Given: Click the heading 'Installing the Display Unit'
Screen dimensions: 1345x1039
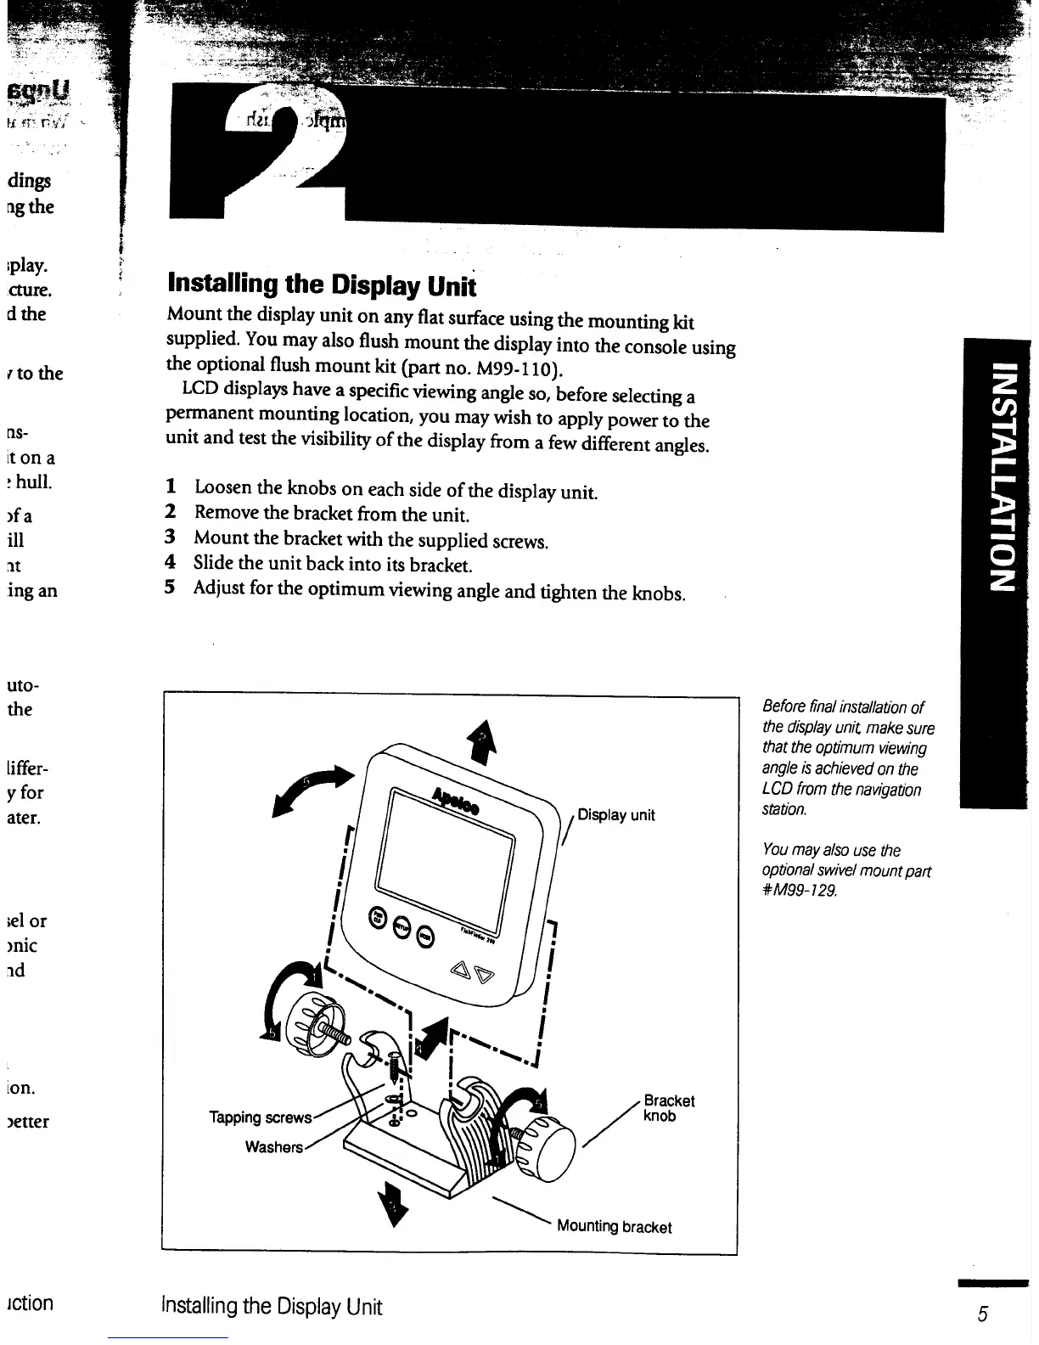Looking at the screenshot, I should click(322, 284).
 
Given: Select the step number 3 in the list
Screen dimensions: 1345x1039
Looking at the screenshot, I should click(170, 537).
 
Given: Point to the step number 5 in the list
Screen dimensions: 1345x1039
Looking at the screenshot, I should click(170, 588).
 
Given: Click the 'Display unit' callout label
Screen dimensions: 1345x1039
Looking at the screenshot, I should click(615, 815).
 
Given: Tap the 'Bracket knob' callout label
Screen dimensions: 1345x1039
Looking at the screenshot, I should click(669, 1108).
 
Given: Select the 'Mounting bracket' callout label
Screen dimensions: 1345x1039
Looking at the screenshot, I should click(614, 1227).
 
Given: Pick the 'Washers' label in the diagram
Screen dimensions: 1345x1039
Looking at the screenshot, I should click(273, 1147).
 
